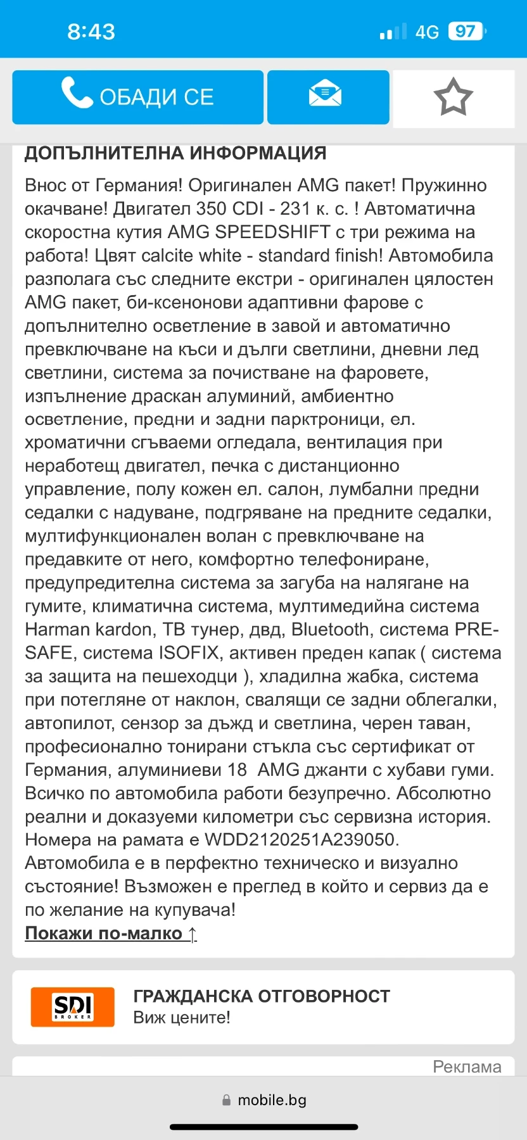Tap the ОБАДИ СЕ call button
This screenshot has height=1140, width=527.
point(137,97)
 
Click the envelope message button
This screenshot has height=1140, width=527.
point(327,97)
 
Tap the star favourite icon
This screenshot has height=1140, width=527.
point(453,98)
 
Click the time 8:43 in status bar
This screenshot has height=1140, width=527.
point(91,32)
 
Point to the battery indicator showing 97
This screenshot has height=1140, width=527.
point(466,32)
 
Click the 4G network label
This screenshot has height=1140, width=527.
point(427,32)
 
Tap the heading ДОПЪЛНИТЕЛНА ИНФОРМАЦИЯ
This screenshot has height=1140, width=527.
point(175,153)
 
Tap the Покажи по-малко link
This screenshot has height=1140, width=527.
point(111,934)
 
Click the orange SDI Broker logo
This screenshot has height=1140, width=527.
point(73,1006)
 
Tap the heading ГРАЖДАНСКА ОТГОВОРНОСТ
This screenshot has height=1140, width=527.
point(262,996)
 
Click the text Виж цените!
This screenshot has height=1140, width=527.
point(182,1018)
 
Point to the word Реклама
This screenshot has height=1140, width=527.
point(467,1067)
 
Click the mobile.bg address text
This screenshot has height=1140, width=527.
point(272,1100)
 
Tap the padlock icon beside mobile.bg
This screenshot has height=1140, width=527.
point(226,1101)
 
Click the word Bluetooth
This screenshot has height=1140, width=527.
point(330,630)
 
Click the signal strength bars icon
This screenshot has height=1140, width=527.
point(393,32)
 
